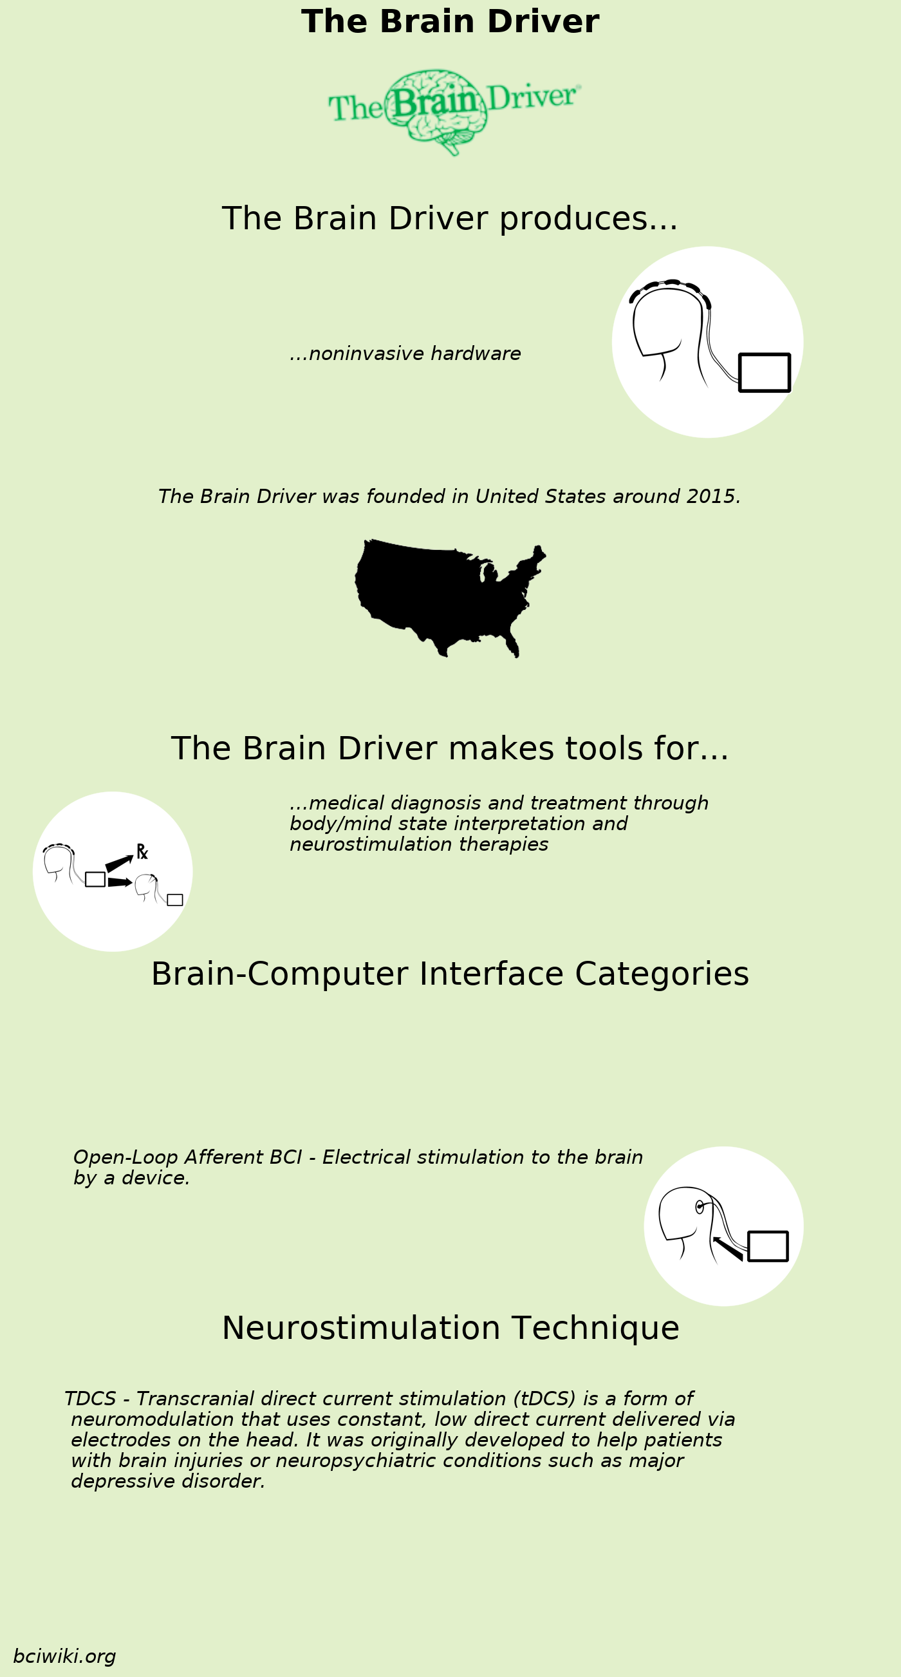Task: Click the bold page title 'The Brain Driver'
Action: click(450, 21)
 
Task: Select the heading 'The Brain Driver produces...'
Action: click(450, 218)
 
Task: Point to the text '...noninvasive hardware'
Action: click(405, 354)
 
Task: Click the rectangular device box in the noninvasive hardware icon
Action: click(765, 372)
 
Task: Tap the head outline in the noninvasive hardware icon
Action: click(667, 325)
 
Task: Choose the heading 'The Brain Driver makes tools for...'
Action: click(450, 748)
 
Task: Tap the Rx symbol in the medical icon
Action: click(142, 851)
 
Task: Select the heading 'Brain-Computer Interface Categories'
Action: click(450, 974)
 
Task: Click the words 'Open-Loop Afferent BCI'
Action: click(187, 1157)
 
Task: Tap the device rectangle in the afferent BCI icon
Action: click(768, 1246)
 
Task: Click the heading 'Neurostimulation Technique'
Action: click(450, 1328)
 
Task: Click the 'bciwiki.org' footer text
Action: click(64, 1656)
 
